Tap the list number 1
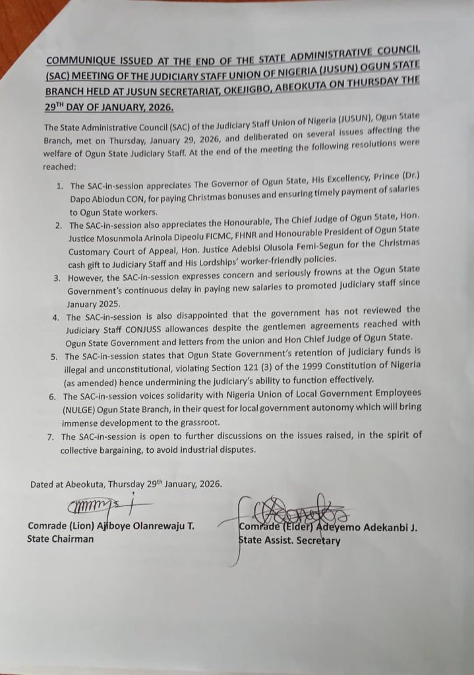(59, 187)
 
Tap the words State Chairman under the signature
(60, 539)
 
